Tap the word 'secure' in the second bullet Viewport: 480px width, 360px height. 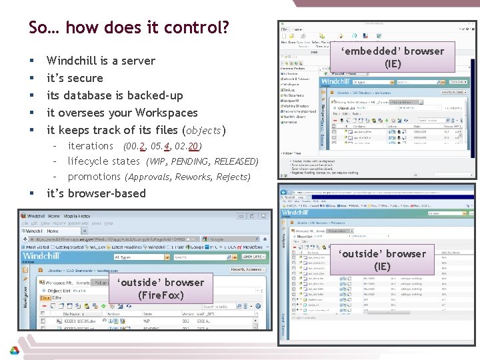(x=85, y=78)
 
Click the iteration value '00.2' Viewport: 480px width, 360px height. (x=137, y=146)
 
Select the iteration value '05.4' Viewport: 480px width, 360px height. (x=161, y=146)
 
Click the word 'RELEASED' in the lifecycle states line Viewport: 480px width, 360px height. (x=234, y=161)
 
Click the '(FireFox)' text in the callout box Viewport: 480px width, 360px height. (x=160, y=295)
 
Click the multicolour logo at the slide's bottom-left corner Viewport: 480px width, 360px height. (x=14, y=350)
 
